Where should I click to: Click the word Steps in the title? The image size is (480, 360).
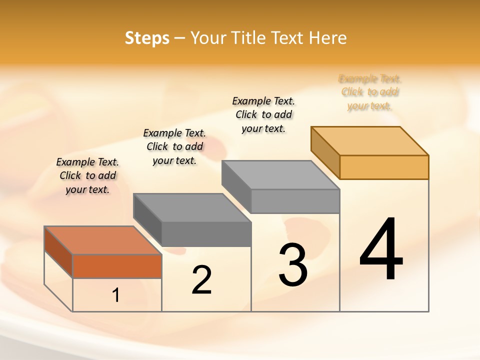click(x=147, y=38)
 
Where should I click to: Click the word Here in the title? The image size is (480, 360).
click(x=328, y=38)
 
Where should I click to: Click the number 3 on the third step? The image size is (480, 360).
click(x=292, y=265)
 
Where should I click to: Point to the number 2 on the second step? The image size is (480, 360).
click(x=201, y=280)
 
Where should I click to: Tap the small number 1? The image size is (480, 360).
click(x=116, y=295)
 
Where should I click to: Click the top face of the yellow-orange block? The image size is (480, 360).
click(x=370, y=140)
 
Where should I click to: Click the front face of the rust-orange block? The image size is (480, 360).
click(x=117, y=266)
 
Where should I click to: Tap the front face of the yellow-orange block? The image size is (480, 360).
click(x=384, y=167)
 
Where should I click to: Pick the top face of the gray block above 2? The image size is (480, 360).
click(x=192, y=207)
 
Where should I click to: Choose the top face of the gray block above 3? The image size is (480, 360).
click(x=281, y=174)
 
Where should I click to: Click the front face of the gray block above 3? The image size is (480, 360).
click(x=295, y=201)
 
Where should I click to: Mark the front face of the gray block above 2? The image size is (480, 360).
click(x=206, y=234)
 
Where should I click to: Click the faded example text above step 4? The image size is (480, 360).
click(x=369, y=92)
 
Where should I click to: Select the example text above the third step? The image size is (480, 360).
click(x=263, y=114)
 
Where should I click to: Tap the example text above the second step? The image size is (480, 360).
click(x=174, y=146)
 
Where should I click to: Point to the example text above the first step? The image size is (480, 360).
click(x=87, y=175)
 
